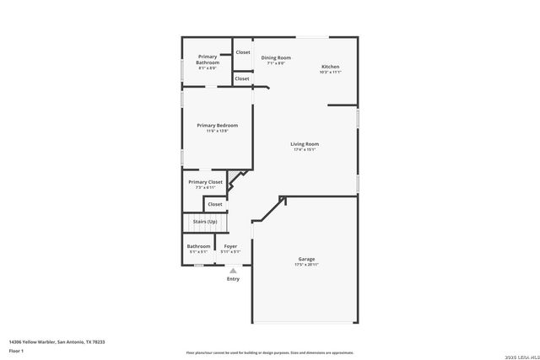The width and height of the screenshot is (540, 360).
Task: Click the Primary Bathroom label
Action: point(208,59)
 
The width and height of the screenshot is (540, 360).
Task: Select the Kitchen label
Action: point(331,67)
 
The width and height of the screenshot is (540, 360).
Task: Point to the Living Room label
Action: point(305,144)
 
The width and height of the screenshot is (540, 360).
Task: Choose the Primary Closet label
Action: point(205,182)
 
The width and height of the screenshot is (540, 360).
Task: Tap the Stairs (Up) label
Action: point(205,221)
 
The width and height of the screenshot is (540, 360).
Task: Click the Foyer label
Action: point(230,246)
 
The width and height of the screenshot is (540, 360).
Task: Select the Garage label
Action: point(306,259)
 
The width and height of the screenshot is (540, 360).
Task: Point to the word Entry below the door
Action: point(233,279)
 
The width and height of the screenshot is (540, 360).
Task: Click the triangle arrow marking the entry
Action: point(233,270)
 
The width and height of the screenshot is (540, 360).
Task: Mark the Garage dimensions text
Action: point(306,265)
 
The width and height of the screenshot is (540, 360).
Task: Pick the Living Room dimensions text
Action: point(305,150)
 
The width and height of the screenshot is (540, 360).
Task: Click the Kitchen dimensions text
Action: point(331,73)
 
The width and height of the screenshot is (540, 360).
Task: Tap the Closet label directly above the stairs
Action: point(215,204)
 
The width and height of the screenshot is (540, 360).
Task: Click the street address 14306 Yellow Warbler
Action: point(57,341)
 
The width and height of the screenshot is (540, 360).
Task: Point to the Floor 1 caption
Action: point(17,350)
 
